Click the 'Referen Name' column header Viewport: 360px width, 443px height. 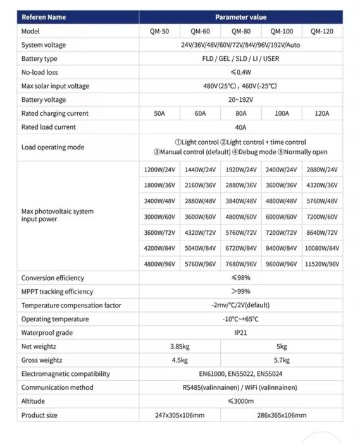pyautogui.click(x=44, y=17)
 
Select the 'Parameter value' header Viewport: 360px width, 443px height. pyautogui.click(x=240, y=17)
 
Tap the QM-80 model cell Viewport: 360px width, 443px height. pyautogui.click(x=240, y=31)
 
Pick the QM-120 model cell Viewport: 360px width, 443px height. pyautogui.click(x=322, y=31)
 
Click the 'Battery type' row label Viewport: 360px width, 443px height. pyautogui.click(x=39, y=58)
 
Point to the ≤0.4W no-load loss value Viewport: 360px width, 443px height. pyautogui.click(x=240, y=72)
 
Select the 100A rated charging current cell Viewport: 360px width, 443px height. pyautogui.click(x=282, y=113)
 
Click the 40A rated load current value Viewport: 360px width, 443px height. pyautogui.click(x=240, y=127)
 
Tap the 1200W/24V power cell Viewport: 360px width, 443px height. pyautogui.click(x=159, y=170)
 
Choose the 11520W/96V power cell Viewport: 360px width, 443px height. pyautogui.click(x=322, y=264)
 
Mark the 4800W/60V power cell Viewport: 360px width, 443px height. pyautogui.click(x=240, y=216)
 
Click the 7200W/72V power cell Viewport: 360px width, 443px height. pyautogui.click(x=282, y=232)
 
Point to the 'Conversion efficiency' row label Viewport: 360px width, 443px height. pyautogui.click(x=53, y=278)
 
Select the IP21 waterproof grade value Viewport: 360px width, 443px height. pyautogui.click(x=240, y=333)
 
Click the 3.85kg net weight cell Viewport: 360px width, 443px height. pyautogui.click(x=179, y=346)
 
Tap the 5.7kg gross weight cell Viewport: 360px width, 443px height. pyautogui.click(x=282, y=360)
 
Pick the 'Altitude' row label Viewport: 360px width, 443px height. pyautogui.click(x=33, y=401)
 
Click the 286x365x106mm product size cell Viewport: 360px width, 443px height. pyautogui.click(x=282, y=415)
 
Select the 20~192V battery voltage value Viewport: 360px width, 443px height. pyautogui.click(x=240, y=100)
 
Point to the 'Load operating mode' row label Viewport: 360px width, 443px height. pyautogui.click(x=53, y=147)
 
